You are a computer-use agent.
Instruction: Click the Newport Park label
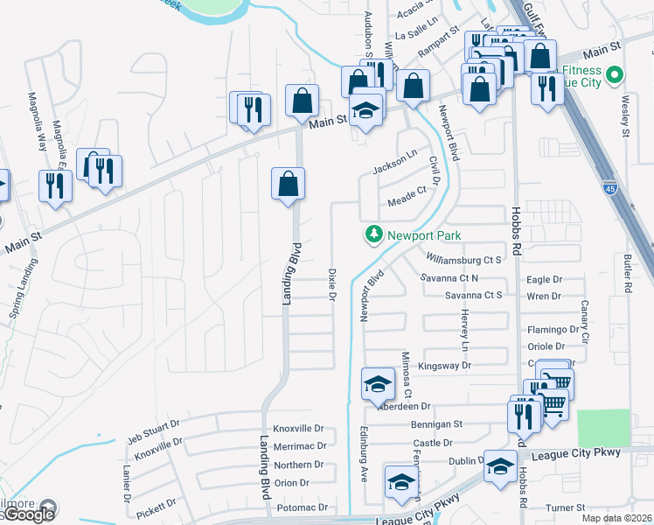coord(425,235)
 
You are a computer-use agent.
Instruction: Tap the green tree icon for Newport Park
coord(373,234)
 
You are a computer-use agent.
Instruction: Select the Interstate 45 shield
coord(610,187)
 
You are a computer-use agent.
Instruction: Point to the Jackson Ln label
coord(395,163)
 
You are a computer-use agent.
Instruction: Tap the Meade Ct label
coord(407,193)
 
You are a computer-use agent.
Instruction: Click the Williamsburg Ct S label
coord(464,259)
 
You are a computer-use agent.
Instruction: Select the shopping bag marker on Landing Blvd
coord(287,185)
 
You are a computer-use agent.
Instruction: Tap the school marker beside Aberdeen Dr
coord(377,383)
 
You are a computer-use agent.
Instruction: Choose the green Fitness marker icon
coord(614,76)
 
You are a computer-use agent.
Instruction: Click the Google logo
coord(28,514)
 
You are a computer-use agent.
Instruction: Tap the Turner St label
coord(565,507)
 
